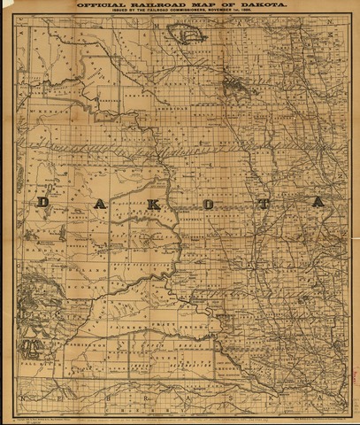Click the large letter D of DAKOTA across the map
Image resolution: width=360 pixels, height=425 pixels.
click(42, 203)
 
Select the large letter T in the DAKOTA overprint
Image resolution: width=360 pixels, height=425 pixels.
click(264, 203)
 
